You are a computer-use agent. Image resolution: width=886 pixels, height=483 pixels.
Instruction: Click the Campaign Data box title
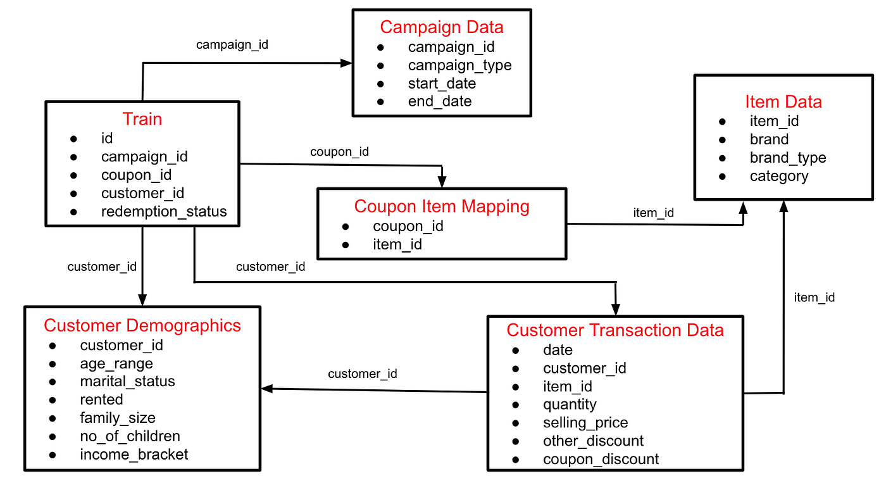tap(441, 27)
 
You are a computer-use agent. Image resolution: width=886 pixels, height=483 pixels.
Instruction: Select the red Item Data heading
tap(783, 102)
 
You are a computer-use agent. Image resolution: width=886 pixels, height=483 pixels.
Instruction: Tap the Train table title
tap(142, 119)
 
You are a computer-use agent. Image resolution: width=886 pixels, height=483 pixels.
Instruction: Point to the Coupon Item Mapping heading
tap(442, 206)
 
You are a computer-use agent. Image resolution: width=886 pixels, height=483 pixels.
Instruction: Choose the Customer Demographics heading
tap(142, 325)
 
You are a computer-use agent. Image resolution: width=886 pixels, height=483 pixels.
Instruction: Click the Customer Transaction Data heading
tap(615, 330)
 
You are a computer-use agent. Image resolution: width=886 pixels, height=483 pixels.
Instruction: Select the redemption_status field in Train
tap(164, 211)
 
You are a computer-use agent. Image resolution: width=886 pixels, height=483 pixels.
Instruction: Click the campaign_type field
tap(459, 65)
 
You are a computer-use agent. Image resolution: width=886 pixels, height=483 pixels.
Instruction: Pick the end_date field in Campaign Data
tap(440, 101)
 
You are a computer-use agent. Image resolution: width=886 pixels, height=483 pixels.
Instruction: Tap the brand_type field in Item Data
tap(788, 158)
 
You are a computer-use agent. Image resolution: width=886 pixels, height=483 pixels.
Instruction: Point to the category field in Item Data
tap(779, 176)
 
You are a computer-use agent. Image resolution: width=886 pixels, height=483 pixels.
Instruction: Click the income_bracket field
tap(134, 454)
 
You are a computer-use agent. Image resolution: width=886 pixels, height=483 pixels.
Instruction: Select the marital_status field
tap(127, 381)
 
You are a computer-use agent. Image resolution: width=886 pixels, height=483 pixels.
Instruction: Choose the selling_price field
tap(585, 422)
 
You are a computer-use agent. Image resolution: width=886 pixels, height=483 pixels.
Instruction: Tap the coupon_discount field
tap(601, 459)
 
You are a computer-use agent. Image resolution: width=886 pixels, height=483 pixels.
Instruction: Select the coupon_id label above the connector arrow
tap(339, 152)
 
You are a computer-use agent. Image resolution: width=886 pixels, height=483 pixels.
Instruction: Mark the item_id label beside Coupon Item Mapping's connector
tap(653, 213)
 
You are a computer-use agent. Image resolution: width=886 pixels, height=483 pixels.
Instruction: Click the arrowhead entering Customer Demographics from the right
tap(267, 389)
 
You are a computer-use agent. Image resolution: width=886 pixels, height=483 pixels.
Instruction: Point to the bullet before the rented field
tap(53, 399)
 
